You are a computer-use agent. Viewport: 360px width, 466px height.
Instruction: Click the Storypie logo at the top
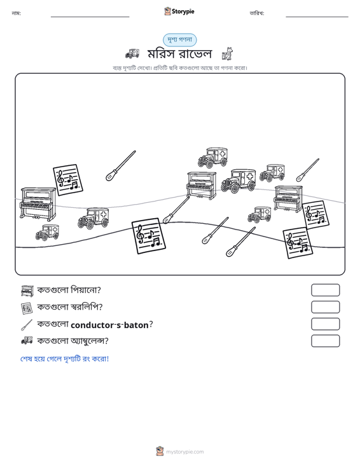click(179, 11)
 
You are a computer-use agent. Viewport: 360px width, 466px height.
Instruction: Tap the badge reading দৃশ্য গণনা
click(179, 40)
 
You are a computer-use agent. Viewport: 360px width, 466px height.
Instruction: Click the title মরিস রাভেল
click(179, 54)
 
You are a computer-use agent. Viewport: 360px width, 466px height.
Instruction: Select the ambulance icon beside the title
click(132, 53)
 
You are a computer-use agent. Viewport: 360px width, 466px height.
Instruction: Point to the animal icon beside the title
click(228, 54)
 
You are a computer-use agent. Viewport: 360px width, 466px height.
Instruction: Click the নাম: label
click(16, 13)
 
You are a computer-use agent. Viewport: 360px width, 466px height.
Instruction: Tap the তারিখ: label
click(257, 13)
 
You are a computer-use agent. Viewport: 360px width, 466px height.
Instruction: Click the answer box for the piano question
click(325, 290)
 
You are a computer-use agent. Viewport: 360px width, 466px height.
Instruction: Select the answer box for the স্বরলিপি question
click(325, 307)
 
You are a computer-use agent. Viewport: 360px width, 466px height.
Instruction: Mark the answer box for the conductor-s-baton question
click(325, 324)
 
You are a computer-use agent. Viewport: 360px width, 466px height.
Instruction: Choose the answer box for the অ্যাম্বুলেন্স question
click(325, 341)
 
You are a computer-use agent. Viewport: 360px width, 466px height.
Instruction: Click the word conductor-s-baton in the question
click(109, 325)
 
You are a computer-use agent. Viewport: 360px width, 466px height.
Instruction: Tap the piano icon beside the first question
click(27, 291)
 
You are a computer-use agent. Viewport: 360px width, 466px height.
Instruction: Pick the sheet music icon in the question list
click(27, 308)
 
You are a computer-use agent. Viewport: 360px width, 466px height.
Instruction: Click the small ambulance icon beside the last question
click(27, 340)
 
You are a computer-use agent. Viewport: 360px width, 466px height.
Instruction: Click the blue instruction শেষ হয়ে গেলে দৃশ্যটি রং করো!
click(64, 359)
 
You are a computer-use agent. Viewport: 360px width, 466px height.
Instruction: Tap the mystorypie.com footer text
click(184, 452)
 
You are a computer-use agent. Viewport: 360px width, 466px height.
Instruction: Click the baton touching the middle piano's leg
click(177, 210)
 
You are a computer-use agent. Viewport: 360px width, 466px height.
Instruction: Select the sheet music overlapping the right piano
click(315, 215)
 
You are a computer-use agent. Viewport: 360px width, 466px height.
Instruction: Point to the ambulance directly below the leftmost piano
click(47, 233)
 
